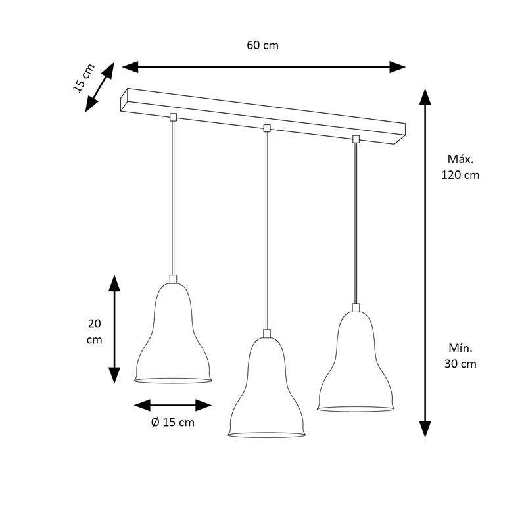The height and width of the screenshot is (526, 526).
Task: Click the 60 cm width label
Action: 262,45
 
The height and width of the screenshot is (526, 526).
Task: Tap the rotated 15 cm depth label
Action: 84,78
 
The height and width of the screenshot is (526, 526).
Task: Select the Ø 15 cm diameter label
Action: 173,422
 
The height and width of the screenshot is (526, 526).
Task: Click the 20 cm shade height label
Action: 94,332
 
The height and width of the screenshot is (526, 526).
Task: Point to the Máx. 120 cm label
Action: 460,167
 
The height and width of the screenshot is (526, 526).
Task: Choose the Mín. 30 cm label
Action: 460,356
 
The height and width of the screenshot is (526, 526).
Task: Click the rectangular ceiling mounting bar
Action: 263,116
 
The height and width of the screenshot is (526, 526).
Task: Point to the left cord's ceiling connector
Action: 173,117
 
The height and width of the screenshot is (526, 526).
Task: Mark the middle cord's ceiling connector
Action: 267,128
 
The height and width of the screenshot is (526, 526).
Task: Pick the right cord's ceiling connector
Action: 356,139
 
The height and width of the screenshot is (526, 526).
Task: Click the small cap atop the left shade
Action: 173,279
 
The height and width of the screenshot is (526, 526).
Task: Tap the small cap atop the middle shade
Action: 267,333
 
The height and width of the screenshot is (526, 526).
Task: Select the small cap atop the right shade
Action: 356,308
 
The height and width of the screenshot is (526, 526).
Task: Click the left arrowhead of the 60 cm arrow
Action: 130,67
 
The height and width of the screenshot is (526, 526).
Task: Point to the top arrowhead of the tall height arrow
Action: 425,97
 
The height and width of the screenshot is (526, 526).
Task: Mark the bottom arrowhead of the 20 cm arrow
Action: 114,375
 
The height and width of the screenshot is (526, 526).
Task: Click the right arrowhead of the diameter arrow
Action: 204,405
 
